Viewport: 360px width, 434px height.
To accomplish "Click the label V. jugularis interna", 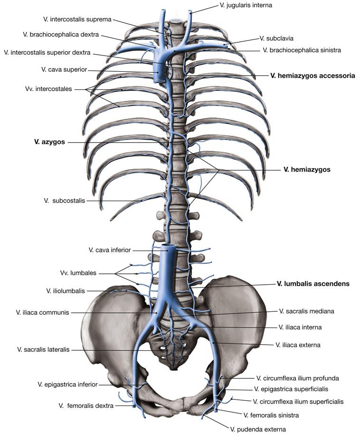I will [246, 5].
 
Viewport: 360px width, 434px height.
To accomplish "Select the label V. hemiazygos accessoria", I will [313, 75].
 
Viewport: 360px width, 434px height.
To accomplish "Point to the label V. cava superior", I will [64, 69].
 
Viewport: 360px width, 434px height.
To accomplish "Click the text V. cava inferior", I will [109, 250].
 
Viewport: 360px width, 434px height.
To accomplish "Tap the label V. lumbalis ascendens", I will [313, 284].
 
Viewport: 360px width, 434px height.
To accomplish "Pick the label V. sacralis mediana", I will [307, 311].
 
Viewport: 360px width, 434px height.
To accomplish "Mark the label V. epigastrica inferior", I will [68, 384].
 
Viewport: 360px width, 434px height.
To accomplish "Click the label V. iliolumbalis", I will [69, 290].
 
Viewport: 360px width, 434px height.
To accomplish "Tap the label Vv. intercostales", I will [52, 88].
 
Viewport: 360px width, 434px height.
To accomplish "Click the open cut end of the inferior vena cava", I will [168, 247].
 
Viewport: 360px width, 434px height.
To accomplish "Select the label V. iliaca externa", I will [298, 345].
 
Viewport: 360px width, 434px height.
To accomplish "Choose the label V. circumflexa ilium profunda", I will [297, 378].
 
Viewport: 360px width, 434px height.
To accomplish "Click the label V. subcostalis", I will [64, 201].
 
